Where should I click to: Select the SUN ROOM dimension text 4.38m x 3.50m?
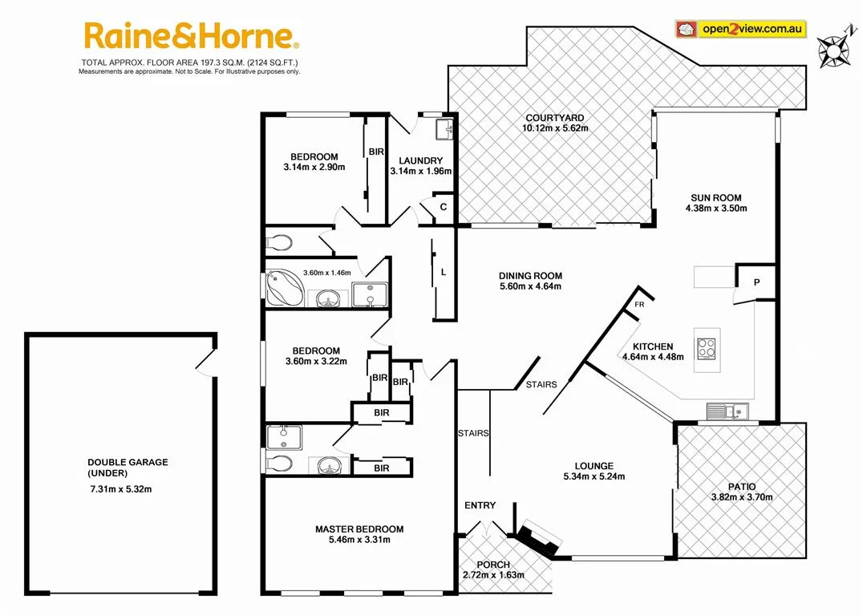(x=716, y=209)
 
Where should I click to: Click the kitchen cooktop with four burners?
(x=707, y=347)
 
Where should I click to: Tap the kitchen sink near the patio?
(x=728, y=412)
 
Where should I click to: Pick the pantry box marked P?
(x=756, y=282)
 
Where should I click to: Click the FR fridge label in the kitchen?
(x=639, y=305)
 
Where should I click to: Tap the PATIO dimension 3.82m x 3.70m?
(x=741, y=496)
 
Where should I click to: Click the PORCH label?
(x=492, y=565)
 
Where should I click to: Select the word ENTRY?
(x=480, y=505)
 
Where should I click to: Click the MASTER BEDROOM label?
(x=359, y=529)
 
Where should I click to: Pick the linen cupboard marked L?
(x=444, y=272)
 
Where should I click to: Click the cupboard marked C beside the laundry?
(x=444, y=206)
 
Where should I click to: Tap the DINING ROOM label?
(x=530, y=275)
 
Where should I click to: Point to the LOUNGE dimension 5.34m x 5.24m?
(x=594, y=476)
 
